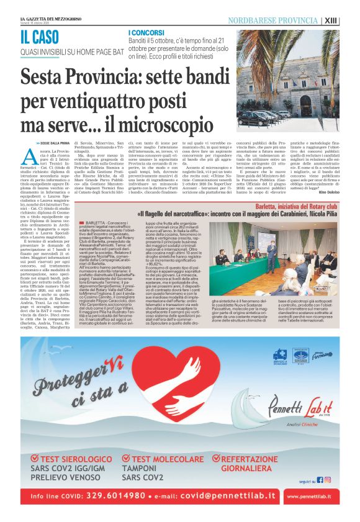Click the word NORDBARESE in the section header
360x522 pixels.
(x=250, y=20)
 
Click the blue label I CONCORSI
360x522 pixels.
(x=146, y=31)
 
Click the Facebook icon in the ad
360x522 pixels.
(x=320, y=480)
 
